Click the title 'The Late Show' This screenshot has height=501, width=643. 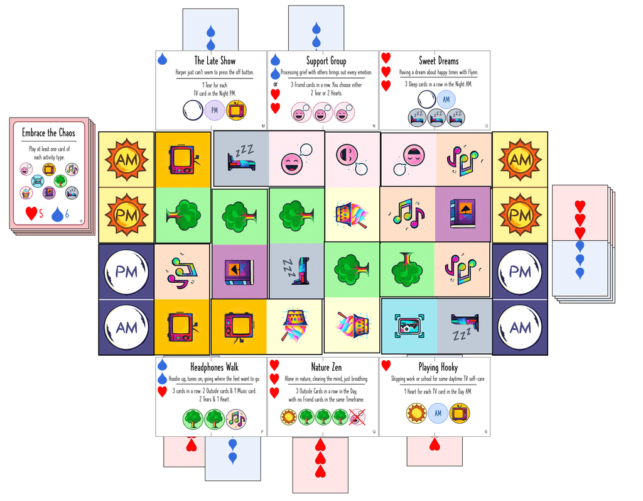tap(214, 61)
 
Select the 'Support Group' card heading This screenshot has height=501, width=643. tap(326, 61)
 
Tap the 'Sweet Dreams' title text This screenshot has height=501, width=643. tap(438, 61)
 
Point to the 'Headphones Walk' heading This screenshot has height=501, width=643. tap(214, 366)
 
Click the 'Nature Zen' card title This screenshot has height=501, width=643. tap(326, 366)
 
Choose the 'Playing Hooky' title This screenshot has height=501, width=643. tap(438, 366)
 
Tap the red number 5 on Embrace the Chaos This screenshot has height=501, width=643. tap(41, 214)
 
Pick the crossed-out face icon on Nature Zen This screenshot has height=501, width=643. tap(357, 417)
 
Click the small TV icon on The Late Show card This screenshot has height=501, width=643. tap(236, 111)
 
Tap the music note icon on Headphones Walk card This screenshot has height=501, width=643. tap(235, 418)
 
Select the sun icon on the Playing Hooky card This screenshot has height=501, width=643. tap(416, 413)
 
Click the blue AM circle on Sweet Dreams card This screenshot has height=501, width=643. tap(446, 99)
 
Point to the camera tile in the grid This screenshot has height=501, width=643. tap(409, 326)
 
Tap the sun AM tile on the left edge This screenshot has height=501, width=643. tap(126, 160)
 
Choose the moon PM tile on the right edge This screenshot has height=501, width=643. tap(520, 272)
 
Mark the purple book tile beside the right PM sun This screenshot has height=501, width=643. tap(463, 215)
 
